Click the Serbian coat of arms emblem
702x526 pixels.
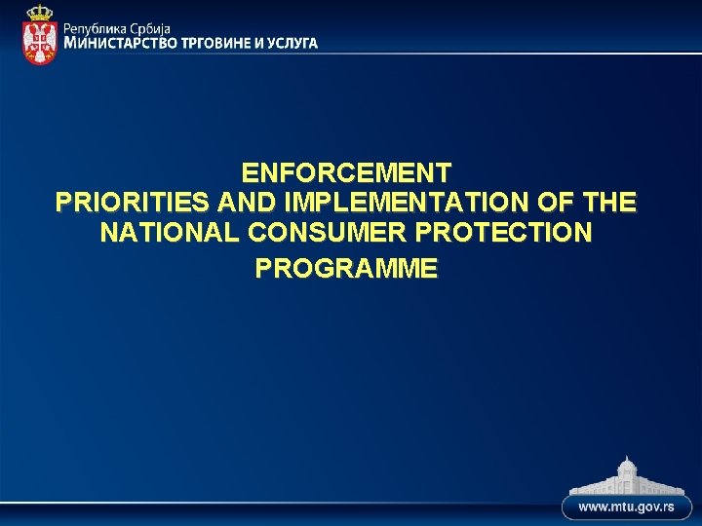tap(40, 39)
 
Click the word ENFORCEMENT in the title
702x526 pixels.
tap(347, 173)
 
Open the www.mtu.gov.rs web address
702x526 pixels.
tap(628, 508)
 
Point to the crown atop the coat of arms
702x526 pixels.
tap(40, 13)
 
